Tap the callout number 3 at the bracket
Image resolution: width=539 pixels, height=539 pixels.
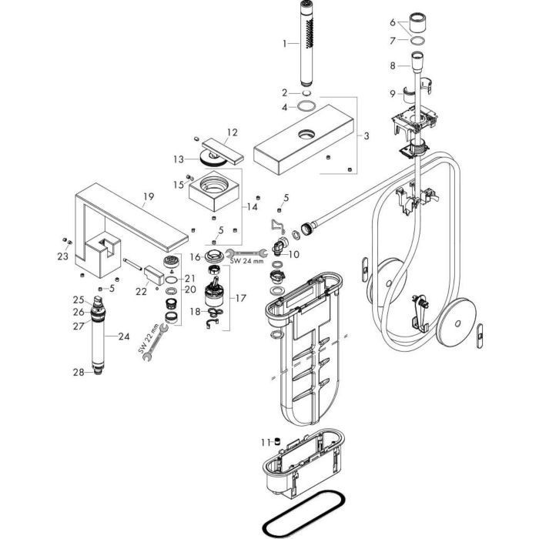pyautogui.click(x=367, y=136)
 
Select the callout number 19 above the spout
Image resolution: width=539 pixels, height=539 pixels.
pyautogui.click(x=148, y=196)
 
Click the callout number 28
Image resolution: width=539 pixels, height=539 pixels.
pyautogui.click(x=79, y=373)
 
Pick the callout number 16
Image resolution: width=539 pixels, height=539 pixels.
pyautogui.click(x=196, y=256)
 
